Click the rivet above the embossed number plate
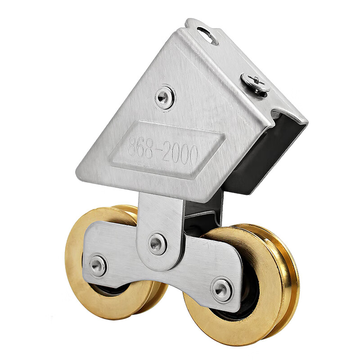coord(164,97)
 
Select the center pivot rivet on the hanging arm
coord(157,243)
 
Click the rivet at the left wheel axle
coord(97,265)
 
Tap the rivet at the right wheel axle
coord(221,289)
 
